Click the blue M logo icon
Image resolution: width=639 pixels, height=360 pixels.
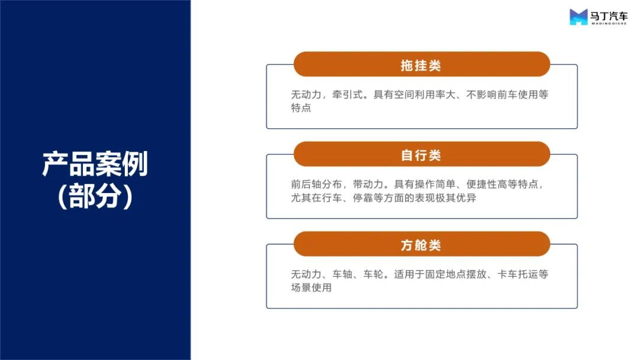[x=579, y=17]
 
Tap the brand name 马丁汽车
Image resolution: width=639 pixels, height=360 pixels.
[x=609, y=16]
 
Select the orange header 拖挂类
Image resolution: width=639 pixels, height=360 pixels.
[x=422, y=64]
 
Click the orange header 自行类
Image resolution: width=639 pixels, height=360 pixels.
[x=422, y=154]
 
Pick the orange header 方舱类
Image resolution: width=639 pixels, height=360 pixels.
[x=422, y=244]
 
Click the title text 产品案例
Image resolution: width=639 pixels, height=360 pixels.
[x=95, y=164]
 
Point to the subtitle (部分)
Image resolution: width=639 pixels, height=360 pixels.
[x=95, y=196]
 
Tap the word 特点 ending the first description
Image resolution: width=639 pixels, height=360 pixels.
[x=301, y=108]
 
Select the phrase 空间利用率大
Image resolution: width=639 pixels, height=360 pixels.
[x=425, y=95]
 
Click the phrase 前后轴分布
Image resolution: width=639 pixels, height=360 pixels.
[x=316, y=184]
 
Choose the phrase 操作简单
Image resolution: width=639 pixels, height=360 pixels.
[x=435, y=184]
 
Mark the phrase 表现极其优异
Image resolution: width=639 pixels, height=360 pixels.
[x=446, y=198]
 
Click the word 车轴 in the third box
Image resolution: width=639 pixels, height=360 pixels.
[x=343, y=274]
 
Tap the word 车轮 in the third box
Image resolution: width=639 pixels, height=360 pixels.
[x=373, y=274]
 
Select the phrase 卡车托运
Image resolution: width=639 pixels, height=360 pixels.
[x=518, y=274]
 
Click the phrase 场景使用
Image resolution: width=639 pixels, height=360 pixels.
[x=311, y=288]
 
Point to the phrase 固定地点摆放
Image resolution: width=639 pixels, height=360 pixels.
[x=456, y=274]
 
